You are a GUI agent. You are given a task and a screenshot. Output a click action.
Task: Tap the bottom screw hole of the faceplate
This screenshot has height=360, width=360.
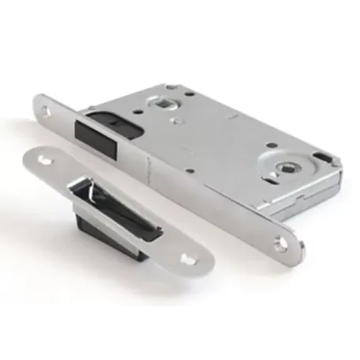point(281,244)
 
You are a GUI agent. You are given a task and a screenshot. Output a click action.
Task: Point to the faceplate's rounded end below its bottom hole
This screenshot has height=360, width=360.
point(294,254)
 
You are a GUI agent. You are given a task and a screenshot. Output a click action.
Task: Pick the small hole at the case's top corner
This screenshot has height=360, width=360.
point(171,88)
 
